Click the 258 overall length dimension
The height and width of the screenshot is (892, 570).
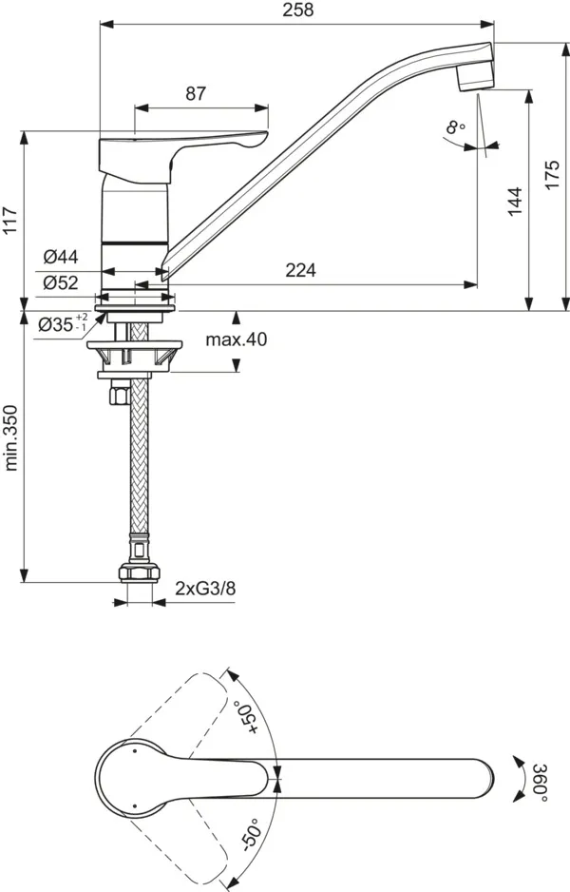[298, 10]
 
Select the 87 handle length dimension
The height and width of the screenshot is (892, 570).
[195, 93]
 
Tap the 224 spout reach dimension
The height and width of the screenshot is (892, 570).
[300, 270]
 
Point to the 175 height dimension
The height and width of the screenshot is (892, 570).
[552, 175]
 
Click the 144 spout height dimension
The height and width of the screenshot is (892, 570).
[514, 201]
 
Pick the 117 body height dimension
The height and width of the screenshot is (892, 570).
[11, 224]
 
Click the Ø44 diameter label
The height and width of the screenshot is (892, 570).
[61, 256]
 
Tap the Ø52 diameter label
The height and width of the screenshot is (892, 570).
[61, 282]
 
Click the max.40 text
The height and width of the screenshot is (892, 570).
[237, 339]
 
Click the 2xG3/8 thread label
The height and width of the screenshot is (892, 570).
[204, 590]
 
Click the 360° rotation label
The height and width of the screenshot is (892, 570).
[538, 782]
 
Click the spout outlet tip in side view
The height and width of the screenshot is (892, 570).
[474, 77]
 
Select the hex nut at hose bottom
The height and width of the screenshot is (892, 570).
[139, 573]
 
